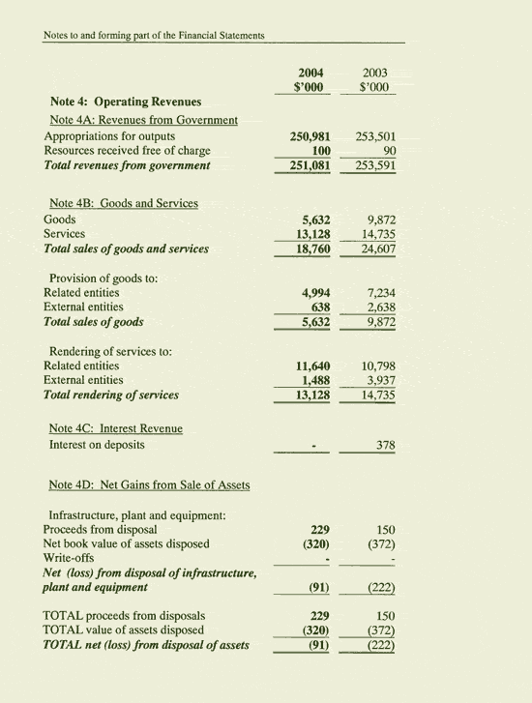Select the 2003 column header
click(373, 72)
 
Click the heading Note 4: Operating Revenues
click(126, 102)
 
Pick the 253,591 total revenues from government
click(373, 165)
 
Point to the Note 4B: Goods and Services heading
click(124, 204)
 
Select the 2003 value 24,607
click(375, 249)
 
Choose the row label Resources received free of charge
click(127, 151)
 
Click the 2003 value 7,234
click(377, 293)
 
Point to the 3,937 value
click(377, 380)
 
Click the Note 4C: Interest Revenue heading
click(116, 428)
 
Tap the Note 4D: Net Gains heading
click(149, 484)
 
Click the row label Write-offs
click(69, 558)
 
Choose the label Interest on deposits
click(97, 445)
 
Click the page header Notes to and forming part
click(154, 36)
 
